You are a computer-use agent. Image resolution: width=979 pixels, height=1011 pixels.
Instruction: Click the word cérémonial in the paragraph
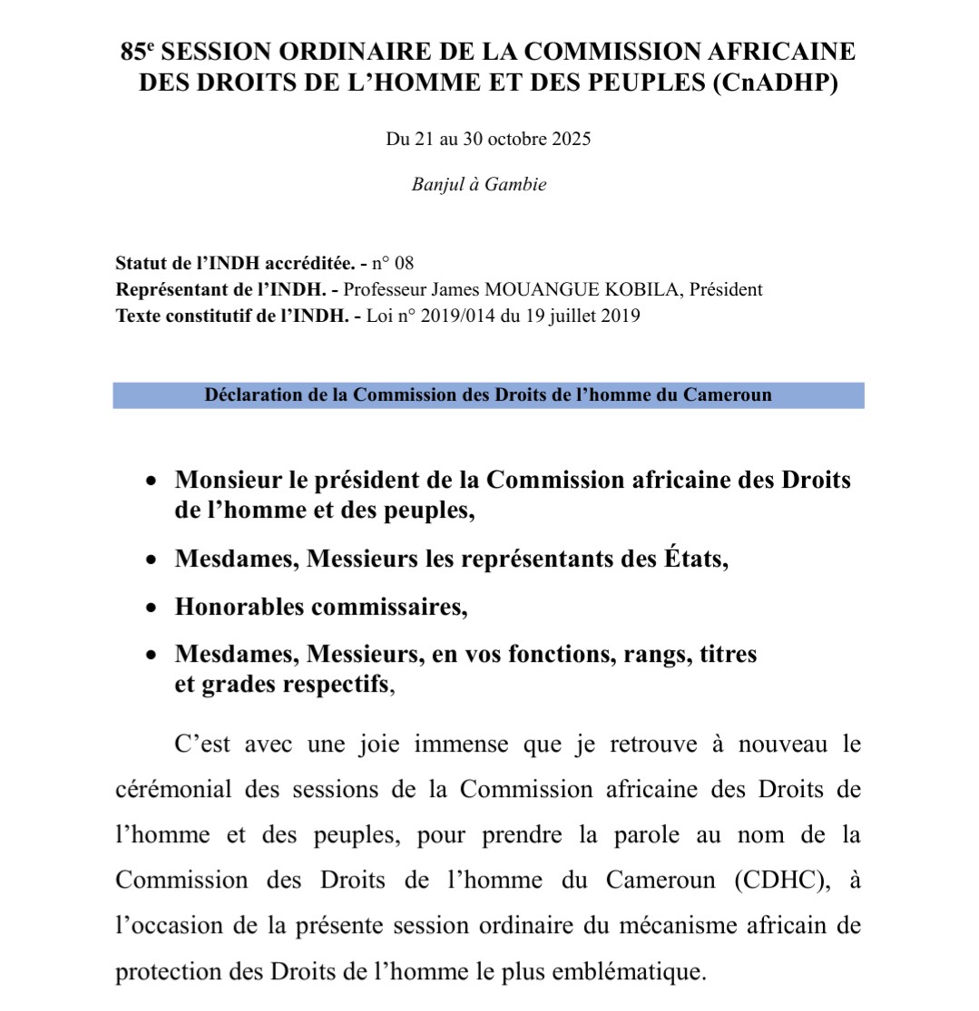click(x=172, y=789)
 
